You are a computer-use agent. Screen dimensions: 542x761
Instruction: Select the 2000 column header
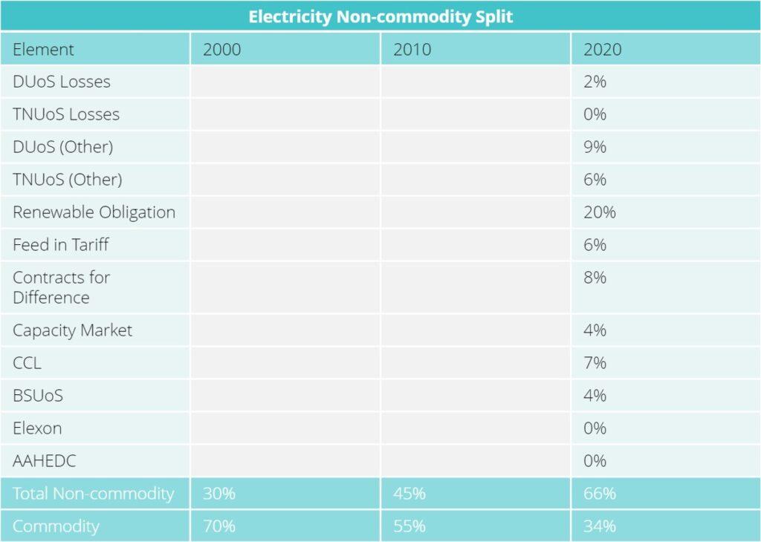[x=221, y=50]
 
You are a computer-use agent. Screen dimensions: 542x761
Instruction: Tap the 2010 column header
[x=412, y=50]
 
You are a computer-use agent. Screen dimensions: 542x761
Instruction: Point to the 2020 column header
[x=602, y=50]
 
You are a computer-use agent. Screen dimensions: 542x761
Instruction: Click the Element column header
[x=43, y=50]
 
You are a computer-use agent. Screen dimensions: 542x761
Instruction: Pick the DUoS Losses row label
[x=62, y=82]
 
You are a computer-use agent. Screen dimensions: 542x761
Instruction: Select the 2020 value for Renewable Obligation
[x=599, y=212]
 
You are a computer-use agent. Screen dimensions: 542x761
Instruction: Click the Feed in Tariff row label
[x=61, y=245]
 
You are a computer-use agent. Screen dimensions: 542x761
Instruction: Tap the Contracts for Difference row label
[x=61, y=287]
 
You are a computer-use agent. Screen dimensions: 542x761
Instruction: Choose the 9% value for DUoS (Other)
[x=595, y=147]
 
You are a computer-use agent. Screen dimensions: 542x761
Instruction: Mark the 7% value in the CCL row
[x=595, y=363]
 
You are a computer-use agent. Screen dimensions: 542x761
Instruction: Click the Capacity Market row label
[x=72, y=330]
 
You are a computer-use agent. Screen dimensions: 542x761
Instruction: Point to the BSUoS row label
[x=38, y=396]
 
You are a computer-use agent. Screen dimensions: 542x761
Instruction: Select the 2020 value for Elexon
[x=595, y=428]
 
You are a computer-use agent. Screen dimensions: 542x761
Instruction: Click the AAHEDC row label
[x=45, y=461]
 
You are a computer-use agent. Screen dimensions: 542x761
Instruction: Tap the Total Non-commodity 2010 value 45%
[x=409, y=494]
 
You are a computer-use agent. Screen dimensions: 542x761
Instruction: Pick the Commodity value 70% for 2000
[x=219, y=526]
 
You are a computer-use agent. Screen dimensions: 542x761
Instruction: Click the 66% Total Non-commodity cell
[x=599, y=494]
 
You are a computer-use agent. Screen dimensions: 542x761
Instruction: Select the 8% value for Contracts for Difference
[x=595, y=278]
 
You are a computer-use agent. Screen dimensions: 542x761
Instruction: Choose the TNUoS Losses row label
[x=66, y=114]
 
